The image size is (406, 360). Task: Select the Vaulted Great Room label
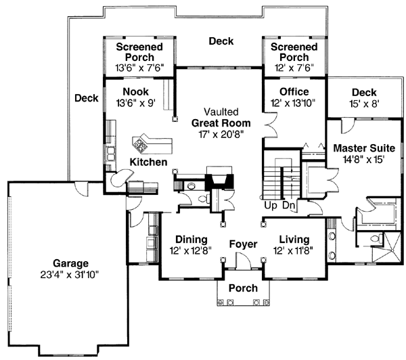click(221, 118)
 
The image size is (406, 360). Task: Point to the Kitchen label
click(148, 162)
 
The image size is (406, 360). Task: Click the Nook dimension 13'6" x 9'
click(136, 104)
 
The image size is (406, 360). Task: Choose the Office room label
click(294, 92)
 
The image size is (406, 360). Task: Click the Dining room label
click(191, 240)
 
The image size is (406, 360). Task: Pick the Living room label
click(294, 240)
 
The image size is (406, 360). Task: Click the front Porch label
click(243, 288)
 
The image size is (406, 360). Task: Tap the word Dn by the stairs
click(288, 204)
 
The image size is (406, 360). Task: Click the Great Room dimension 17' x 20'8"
click(221, 135)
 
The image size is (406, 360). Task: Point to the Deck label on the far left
click(87, 98)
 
